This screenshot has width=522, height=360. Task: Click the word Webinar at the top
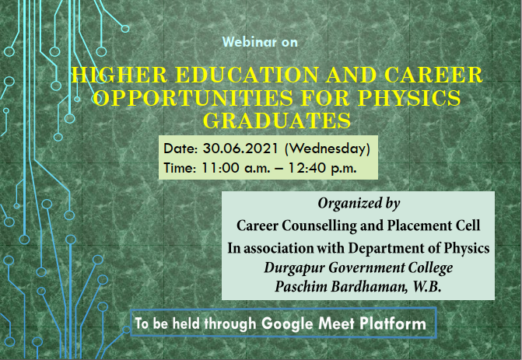(250, 42)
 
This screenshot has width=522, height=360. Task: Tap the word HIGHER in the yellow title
(119, 75)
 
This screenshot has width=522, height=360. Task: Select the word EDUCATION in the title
(247, 75)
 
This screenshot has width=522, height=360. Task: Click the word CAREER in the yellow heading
(433, 75)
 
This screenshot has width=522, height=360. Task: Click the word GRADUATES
(277, 121)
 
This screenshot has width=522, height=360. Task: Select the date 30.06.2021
(240, 149)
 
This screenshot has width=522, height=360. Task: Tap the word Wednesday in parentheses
(328, 149)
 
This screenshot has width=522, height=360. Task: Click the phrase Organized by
(359, 203)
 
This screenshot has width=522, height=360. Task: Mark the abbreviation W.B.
(427, 287)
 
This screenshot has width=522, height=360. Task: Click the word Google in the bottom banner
(287, 323)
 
